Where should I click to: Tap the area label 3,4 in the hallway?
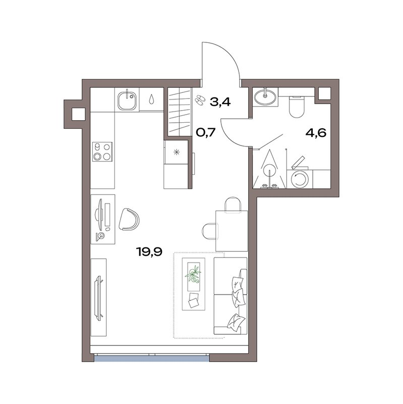220,102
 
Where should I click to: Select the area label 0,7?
205,132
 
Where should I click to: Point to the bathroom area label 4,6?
316,133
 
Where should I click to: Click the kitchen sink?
127,99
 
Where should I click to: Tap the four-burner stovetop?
102,151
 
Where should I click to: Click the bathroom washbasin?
265,96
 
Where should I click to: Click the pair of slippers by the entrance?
199,99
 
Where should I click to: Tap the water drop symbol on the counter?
152,99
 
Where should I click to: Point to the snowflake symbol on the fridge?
177,153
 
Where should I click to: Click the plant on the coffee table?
193,275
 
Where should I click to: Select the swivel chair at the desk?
129,219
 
